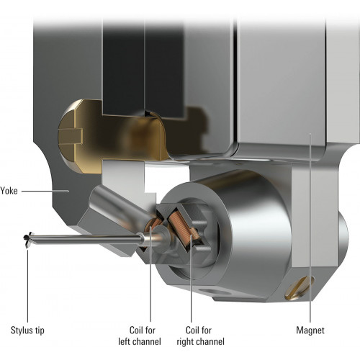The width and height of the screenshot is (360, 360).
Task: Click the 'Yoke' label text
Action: pyautogui.click(x=9, y=191)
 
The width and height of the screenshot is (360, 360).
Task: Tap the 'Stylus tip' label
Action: pyautogui.click(x=27, y=330)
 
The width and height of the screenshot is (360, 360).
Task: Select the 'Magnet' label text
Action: pyautogui.click(x=310, y=330)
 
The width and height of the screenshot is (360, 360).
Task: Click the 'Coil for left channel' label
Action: pyautogui.click(x=140, y=336)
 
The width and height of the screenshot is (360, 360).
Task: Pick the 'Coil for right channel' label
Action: pyautogui.click(x=201, y=336)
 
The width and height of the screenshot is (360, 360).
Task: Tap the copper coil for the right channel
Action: pyautogui.click(x=181, y=228)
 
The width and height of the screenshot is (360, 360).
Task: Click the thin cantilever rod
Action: pyautogui.click(x=86, y=239)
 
